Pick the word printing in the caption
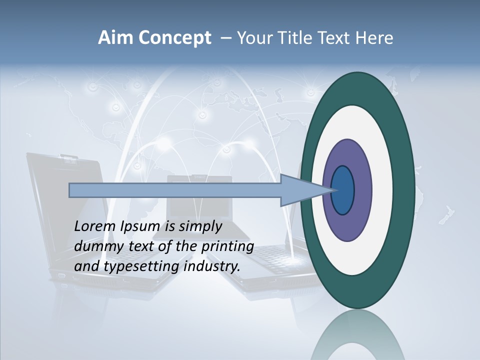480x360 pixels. pyautogui.click(x=227, y=246)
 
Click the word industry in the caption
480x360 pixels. pyautogui.click(x=211, y=266)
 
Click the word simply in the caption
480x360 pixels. pyautogui.click(x=200, y=226)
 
